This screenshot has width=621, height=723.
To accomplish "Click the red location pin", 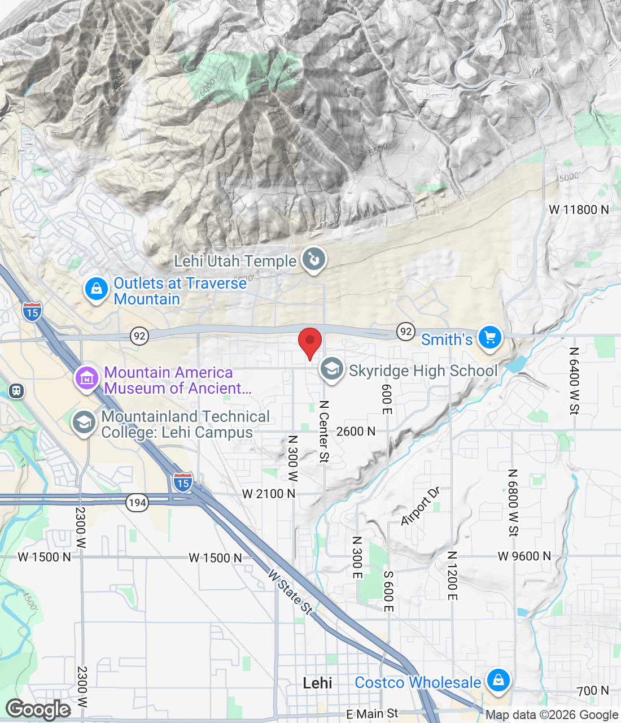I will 310,341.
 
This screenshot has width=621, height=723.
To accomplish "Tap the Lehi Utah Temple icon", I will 313,260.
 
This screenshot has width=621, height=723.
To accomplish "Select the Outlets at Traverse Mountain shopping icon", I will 97,289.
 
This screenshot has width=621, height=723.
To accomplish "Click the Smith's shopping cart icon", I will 489,338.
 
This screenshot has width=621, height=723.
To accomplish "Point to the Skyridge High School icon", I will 332,369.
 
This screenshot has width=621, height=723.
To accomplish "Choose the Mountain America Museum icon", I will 87,378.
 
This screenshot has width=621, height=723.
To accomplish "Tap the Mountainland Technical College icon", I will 84,423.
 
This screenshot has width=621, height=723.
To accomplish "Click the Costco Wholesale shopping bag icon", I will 498,680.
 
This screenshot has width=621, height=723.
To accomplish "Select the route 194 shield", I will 137,502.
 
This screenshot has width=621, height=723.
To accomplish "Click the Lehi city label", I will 317,683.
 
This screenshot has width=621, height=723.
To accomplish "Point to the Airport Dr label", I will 420,506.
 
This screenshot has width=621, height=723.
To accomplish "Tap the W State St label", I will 290,591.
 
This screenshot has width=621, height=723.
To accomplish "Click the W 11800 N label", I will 579,210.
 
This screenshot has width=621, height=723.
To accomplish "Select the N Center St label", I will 324,432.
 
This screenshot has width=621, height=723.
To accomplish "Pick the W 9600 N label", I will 524,556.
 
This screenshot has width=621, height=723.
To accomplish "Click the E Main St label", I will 372,714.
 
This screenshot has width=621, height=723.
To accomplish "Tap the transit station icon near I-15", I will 16,390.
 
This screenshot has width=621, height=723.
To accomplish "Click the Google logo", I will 38,709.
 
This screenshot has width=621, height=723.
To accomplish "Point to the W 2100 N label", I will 268,494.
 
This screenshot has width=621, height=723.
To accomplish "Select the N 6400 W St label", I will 574,381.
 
